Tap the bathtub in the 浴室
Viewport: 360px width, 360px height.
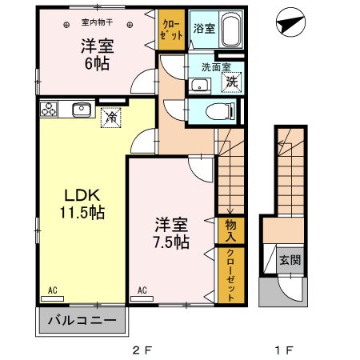(230, 32)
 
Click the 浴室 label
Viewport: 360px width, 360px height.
(203, 29)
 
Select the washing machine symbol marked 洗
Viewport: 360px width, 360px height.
(230, 80)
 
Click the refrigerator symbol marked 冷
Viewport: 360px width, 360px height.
(110, 117)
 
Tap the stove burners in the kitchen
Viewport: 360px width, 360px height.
(47, 108)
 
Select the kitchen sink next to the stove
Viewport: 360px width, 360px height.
(81, 109)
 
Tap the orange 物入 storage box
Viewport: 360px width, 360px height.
(230, 230)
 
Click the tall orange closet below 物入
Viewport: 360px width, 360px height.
(230, 274)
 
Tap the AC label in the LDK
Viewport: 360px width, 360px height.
(53, 290)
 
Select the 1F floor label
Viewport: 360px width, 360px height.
(285, 350)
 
